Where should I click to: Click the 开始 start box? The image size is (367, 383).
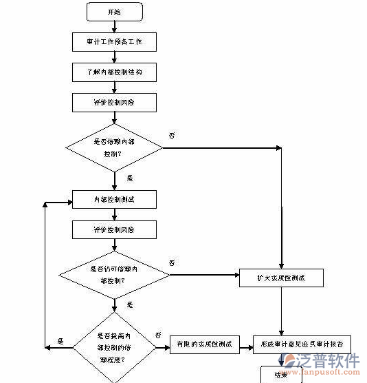pyautogui.click(x=114, y=12)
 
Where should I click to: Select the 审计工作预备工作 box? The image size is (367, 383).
pyautogui.click(x=114, y=42)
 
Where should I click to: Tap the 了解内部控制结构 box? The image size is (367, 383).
pyautogui.click(x=114, y=72)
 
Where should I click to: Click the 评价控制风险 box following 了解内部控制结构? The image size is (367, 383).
pyautogui.click(x=114, y=102)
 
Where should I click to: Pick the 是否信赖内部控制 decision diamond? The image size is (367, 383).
pyautogui.click(x=114, y=147)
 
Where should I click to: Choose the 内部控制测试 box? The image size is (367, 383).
pyautogui.click(x=114, y=200)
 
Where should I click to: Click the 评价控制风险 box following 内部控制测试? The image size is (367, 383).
pyautogui.click(x=114, y=229)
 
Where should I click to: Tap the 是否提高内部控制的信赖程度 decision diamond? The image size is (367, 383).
pyautogui.click(x=114, y=342)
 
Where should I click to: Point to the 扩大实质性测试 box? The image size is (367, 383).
pyautogui.click(x=281, y=278)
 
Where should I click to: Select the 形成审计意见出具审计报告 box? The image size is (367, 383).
pyautogui.click(x=302, y=343)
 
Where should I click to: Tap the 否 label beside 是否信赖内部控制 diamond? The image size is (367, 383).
pyautogui.click(x=171, y=135)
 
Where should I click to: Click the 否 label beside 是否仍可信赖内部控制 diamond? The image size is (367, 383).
pyautogui.click(x=172, y=263)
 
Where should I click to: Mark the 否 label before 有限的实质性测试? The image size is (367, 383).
pyautogui.click(x=157, y=335)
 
